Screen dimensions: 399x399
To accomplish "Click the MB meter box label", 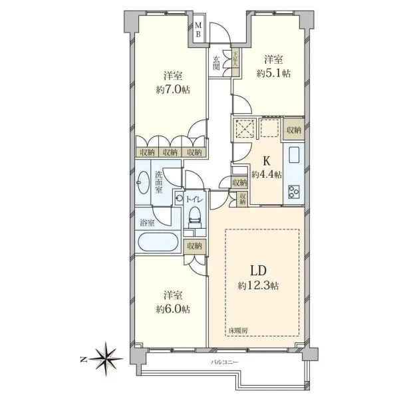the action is coord(198,29).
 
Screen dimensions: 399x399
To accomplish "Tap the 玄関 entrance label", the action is coord(216,63).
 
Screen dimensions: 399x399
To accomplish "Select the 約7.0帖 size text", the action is coord(173,90).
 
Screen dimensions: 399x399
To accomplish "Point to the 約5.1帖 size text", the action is coord(273,74).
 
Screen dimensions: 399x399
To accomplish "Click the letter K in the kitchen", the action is coord(266,162).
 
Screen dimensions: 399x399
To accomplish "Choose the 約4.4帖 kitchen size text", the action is coord(267,175).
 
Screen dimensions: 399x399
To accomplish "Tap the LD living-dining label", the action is coord(259,271).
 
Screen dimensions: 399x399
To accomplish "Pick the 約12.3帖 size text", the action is coord(258,286).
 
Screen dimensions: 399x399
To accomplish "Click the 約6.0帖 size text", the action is coord(173,309).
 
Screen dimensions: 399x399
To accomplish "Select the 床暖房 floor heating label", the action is coord(238,331).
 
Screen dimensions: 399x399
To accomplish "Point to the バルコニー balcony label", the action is coord(225,362).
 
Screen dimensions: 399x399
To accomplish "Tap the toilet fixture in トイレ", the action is coord(195,217).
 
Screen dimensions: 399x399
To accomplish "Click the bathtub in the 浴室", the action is coord(158,242).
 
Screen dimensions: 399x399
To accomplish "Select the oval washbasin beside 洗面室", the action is coord(143,182).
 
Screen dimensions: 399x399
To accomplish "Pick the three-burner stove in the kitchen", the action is coord(294,192).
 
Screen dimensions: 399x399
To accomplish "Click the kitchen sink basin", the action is coord(294,155).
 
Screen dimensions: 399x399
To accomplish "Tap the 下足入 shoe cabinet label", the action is coord(235,59).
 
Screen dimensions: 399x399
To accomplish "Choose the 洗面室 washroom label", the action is coord(158,182).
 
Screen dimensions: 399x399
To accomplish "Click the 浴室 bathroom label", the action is coord(148,223).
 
